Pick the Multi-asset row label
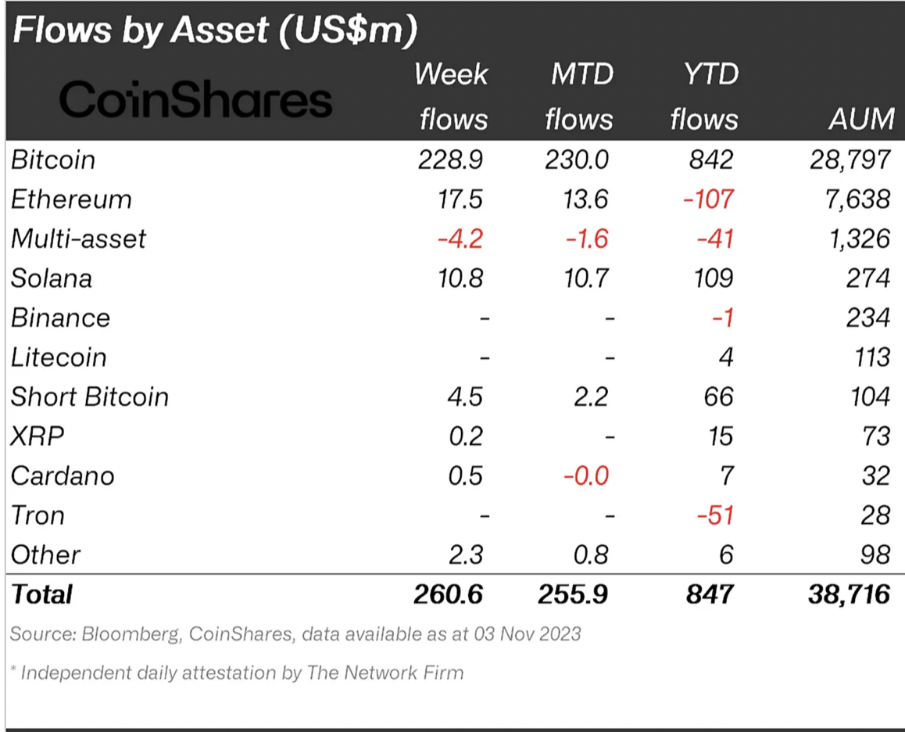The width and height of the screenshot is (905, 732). pos(78,239)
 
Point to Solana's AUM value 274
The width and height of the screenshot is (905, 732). pos(867,278)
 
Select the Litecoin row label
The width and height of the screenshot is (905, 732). pos(59,357)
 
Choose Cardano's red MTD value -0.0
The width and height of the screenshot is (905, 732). pos(586,475)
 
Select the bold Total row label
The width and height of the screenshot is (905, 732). pos(41,594)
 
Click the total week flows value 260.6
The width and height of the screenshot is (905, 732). pos(449,594)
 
